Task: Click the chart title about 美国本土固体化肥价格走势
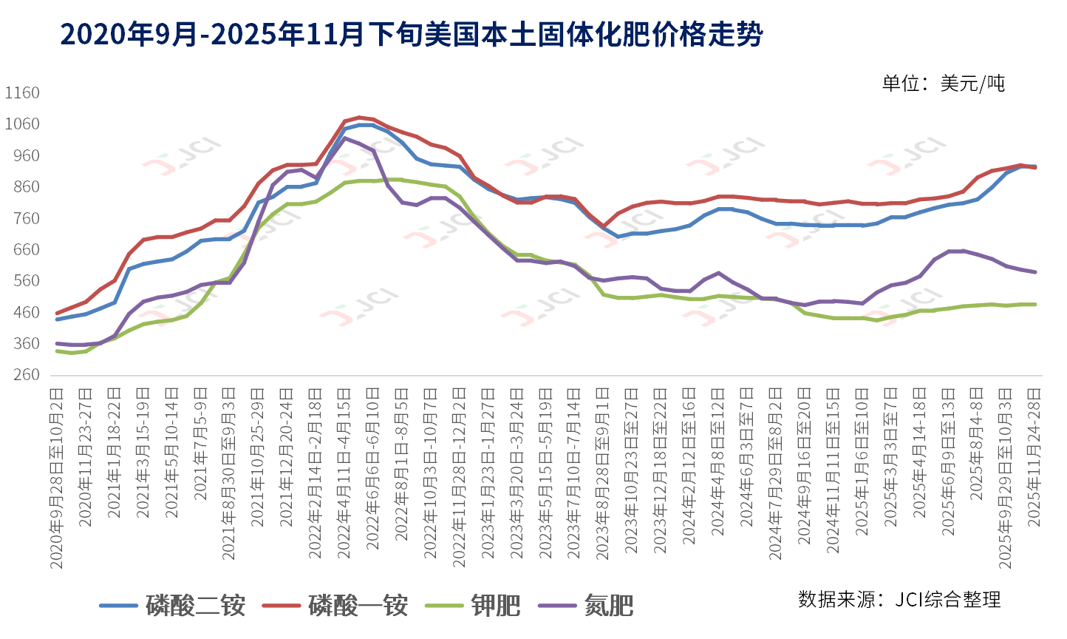[411, 35]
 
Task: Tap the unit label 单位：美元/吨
[943, 83]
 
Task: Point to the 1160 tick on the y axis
[22, 92]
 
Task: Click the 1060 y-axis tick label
[22, 124]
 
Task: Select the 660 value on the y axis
[22, 249]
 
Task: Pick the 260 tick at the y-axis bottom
[22, 375]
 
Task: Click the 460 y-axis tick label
[22, 312]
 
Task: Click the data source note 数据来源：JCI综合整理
[899, 599]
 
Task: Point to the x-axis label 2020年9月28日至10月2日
[57, 477]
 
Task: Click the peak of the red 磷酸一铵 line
[359, 117]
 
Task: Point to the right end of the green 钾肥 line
[1034, 304]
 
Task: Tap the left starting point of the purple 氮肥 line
[57, 343]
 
